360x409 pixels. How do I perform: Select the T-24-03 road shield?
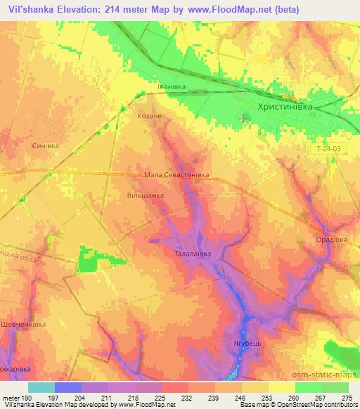point(328,149)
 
